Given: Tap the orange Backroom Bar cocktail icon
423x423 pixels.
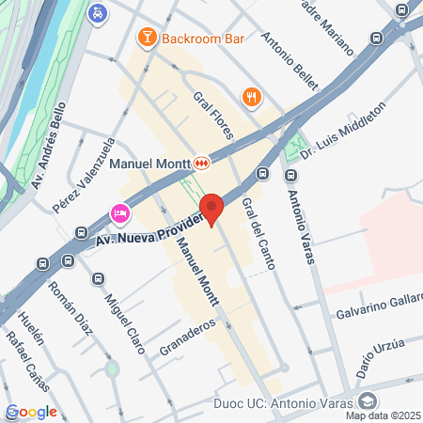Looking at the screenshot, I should [x=147, y=38].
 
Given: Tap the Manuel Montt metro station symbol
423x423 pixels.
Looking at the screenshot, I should [x=202, y=163].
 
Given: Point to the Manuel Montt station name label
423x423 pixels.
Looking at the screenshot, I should [x=151, y=163].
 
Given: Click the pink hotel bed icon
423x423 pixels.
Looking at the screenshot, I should [x=119, y=213].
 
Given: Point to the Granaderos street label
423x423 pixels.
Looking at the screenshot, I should [x=188, y=334].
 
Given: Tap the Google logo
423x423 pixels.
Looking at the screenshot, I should [x=31, y=411].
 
